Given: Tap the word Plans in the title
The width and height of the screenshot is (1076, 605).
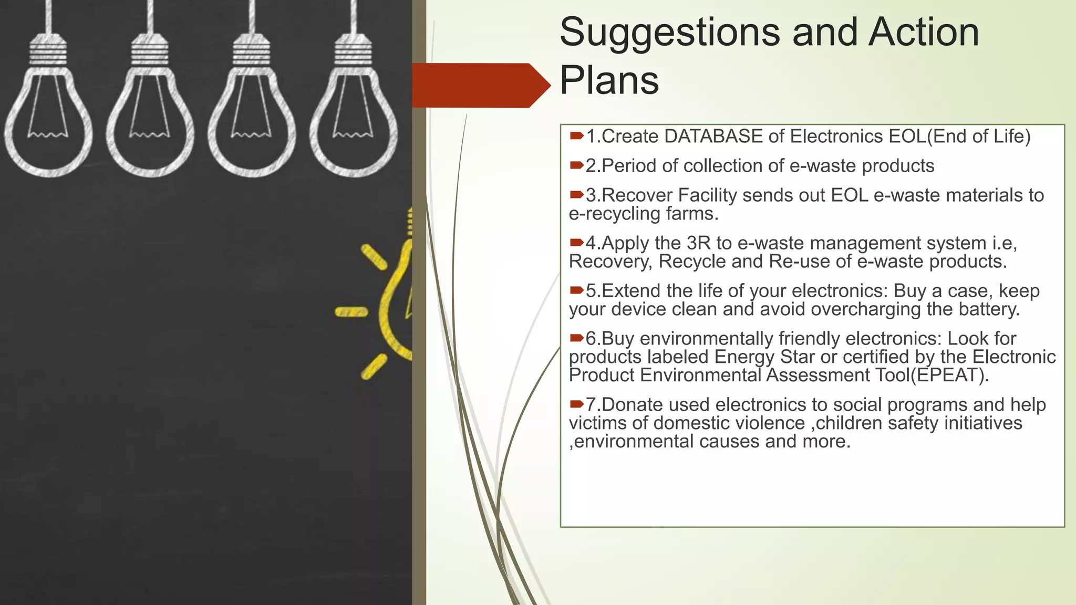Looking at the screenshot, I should (609, 81).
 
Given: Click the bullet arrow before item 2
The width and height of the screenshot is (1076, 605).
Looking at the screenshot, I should (576, 166).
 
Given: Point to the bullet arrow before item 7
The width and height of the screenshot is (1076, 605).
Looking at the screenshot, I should (576, 404).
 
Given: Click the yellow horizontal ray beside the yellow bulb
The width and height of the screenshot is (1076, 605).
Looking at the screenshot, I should (351, 312).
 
